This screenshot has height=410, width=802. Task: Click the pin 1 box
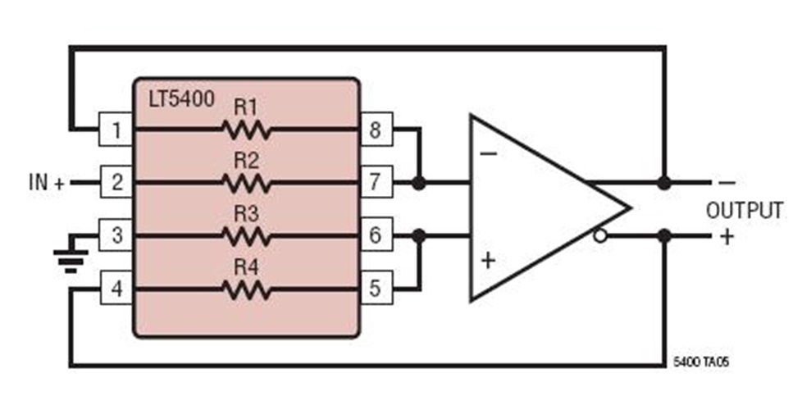116,130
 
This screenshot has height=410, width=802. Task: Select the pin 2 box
116,182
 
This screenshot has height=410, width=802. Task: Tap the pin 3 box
116,236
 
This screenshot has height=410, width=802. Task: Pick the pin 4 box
116,289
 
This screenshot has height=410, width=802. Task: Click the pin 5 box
376,289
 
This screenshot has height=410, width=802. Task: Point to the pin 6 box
376,236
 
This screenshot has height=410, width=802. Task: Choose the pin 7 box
376,182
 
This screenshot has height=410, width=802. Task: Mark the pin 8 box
376,130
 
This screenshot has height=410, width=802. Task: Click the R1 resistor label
245,107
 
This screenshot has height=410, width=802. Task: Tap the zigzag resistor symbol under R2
245,183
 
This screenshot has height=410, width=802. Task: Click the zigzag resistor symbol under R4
245,289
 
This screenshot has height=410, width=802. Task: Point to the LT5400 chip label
181,100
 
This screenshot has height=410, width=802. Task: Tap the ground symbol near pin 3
71,256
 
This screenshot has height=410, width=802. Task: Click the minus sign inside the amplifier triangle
489,153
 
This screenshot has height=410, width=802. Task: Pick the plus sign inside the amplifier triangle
489,261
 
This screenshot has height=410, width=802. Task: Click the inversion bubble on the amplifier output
600,236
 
